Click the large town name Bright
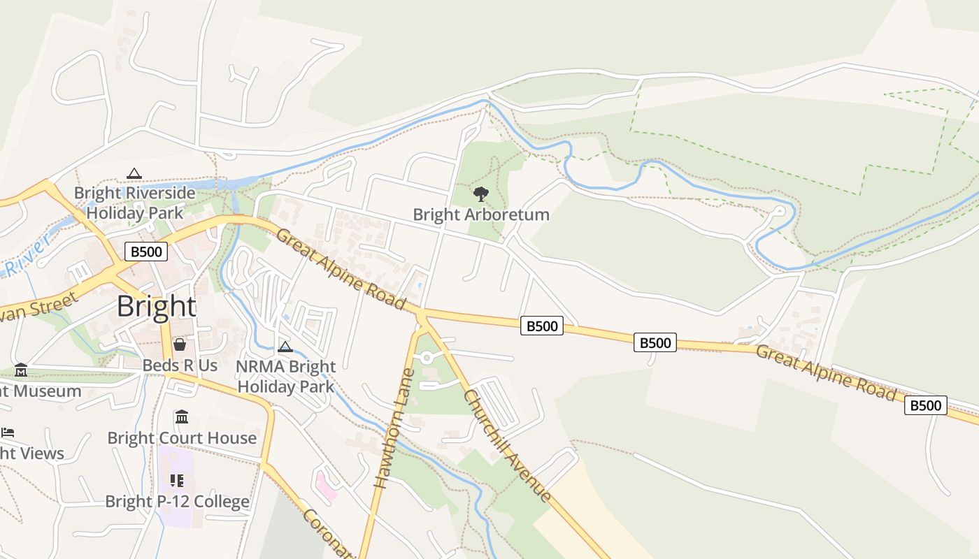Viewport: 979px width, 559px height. click(156, 307)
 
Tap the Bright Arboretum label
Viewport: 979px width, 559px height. click(481, 215)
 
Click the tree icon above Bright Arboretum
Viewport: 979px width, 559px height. click(480, 194)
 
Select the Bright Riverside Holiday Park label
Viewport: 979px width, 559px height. click(134, 203)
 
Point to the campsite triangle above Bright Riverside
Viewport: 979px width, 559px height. click(134, 173)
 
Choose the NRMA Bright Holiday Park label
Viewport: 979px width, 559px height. click(285, 376)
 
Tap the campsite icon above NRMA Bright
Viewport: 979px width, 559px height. click(285, 347)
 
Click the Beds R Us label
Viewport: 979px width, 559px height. click(180, 365)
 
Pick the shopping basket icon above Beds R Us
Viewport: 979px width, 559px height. click(180, 344)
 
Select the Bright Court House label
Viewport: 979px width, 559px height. click(182, 438)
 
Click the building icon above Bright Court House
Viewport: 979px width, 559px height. click(182, 417)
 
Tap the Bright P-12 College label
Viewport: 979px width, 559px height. click(177, 502)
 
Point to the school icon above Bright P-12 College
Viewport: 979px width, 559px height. click(177, 481)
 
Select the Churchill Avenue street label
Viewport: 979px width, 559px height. click(507, 445)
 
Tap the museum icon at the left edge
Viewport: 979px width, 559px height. click(21, 370)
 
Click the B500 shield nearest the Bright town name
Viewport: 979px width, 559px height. click(146, 252)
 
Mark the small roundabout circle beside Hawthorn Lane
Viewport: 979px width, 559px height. click(427, 358)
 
